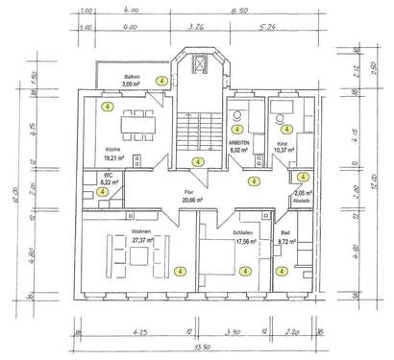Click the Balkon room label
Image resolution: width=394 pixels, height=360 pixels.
133,76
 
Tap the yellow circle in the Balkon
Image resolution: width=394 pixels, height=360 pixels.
162,81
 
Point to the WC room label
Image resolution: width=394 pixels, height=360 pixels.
109,174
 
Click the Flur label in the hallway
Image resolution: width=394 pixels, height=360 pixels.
188,191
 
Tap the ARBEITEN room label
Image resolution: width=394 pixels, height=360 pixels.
239,143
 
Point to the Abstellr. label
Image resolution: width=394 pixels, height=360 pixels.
301,200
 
